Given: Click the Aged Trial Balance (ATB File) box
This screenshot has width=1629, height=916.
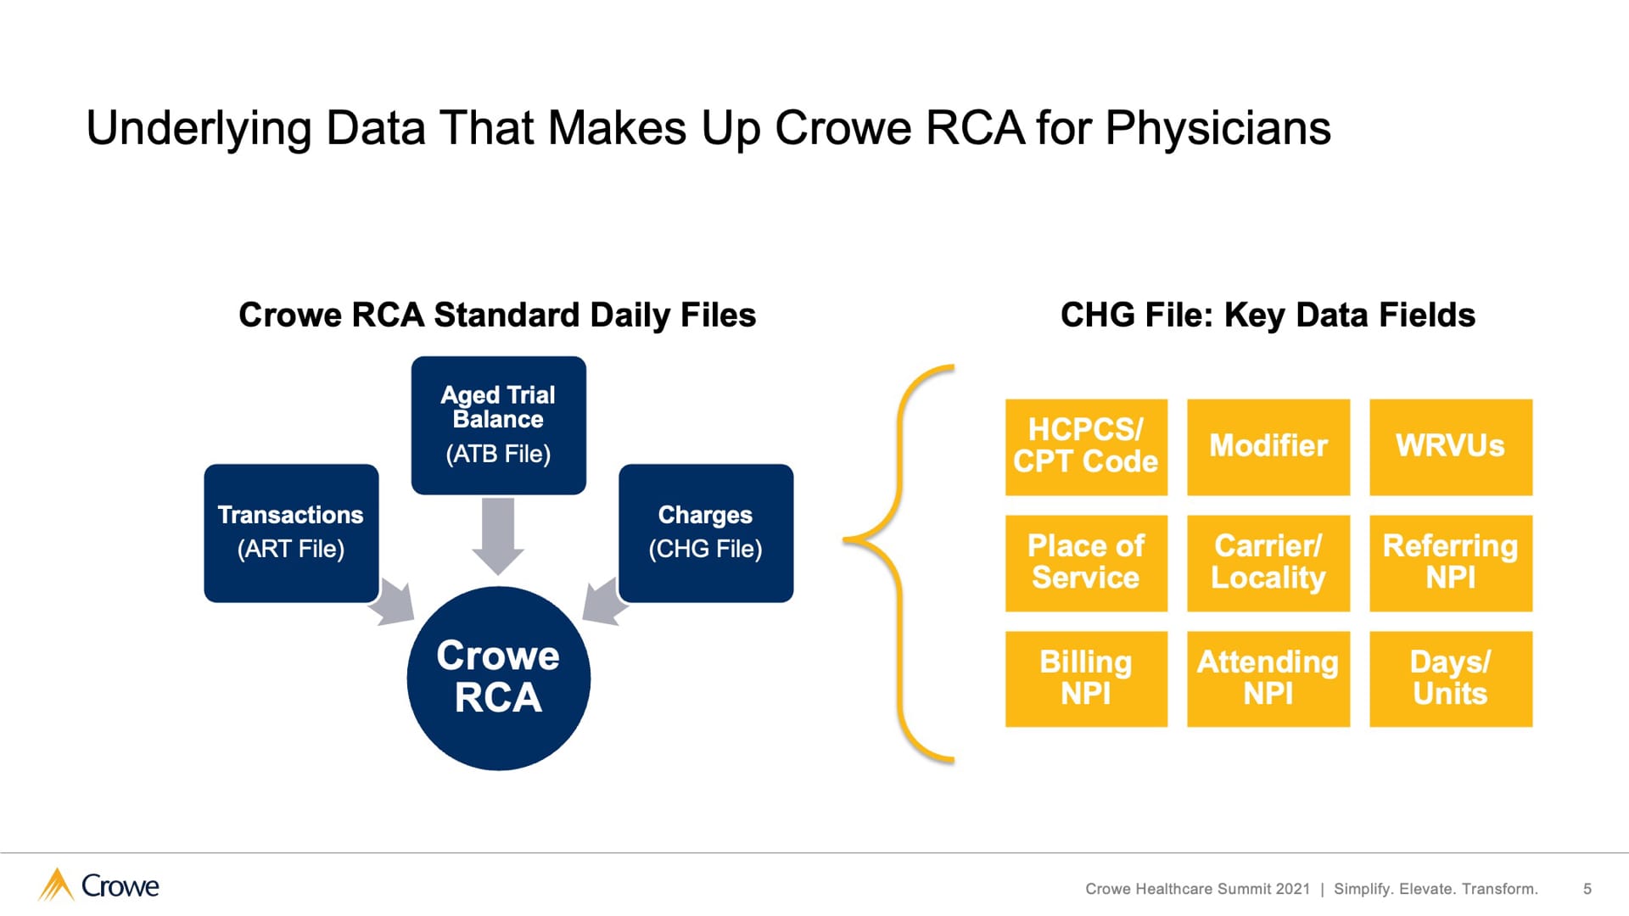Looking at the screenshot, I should (498, 425).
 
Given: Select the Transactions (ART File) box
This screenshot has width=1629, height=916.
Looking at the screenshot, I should (291, 533).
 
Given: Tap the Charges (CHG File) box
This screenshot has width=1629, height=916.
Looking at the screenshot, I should (706, 533).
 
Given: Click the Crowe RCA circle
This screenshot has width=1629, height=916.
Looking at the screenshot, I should (498, 679).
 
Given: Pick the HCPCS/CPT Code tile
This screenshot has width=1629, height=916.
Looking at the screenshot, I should (1086, 447).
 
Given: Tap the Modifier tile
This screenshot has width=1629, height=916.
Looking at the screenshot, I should (1268, 447).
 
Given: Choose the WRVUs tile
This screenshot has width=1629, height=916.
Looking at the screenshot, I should (1451, 447).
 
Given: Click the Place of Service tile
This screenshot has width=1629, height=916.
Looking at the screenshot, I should (1086, 563).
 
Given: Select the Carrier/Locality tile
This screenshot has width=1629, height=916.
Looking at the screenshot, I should (1268, 563).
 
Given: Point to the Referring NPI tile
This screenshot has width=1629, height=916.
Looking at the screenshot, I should (1451, 563).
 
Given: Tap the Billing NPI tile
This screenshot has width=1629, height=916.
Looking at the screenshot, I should (1086, 679).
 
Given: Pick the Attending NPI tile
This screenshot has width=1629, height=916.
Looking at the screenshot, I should (1268, 679).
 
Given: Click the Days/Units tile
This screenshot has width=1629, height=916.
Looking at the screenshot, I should (1451, 679).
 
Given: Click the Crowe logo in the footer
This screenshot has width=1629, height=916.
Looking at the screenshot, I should (99, 885).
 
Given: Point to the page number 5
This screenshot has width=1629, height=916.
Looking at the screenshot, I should (1587, 889).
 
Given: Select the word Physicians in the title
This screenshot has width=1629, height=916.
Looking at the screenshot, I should (1218, 129).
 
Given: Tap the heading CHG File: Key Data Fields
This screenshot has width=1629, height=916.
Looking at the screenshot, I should (1268, 316).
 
